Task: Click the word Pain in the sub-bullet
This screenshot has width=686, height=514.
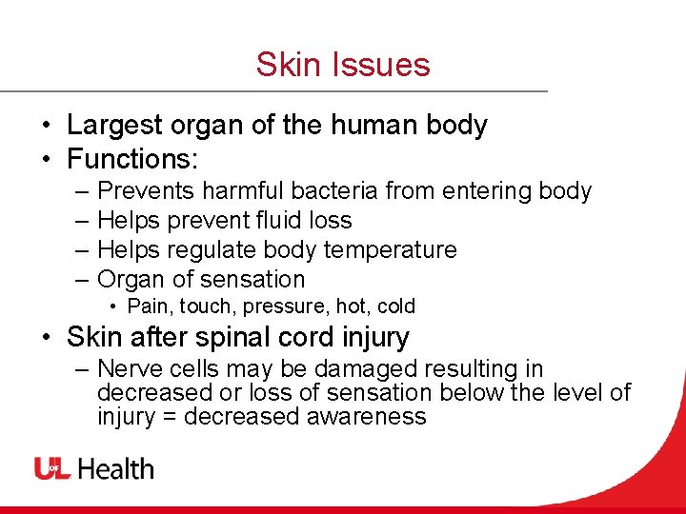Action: pos(145,306)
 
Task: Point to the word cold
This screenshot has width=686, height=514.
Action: pos(395,306)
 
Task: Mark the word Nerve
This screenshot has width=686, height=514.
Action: pos(128,369)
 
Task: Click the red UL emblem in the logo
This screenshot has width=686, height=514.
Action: pos(51,468)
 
